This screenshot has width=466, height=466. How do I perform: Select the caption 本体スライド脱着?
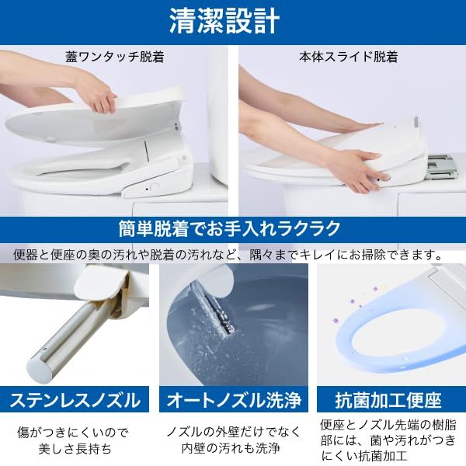349,57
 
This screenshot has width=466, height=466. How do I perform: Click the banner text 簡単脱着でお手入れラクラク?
230,228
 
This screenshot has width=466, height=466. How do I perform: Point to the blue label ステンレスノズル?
75,401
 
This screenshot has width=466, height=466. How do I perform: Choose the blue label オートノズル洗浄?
234,401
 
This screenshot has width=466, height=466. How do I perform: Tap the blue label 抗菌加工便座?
388,401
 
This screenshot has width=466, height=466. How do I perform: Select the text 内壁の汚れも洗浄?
234,449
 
